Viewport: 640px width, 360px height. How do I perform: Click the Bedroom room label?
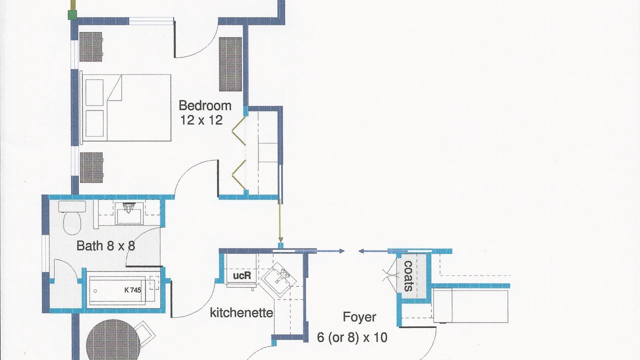[205, 105]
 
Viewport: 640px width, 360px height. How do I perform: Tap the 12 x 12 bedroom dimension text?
[201, 120]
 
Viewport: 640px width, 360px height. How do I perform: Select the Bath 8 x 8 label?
[105, 245]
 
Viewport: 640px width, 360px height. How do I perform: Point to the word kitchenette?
[241, 312]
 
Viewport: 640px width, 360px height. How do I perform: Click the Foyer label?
[359, 317]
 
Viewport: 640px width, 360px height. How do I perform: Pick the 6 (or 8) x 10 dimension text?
[352, 337]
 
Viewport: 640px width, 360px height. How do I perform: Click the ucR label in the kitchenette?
[242, 275]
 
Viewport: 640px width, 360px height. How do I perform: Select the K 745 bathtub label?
[132, 290]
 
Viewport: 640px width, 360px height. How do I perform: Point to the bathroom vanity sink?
[129, 213]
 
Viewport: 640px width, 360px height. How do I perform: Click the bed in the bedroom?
[125, 107]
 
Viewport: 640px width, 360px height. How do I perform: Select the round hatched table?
[113, 340]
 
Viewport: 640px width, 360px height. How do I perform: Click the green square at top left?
[72, 15]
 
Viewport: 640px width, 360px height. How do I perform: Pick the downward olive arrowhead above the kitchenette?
[280, 239]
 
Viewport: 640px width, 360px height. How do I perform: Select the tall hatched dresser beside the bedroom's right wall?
[230, 64]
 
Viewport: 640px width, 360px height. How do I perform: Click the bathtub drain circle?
[95, 291]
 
